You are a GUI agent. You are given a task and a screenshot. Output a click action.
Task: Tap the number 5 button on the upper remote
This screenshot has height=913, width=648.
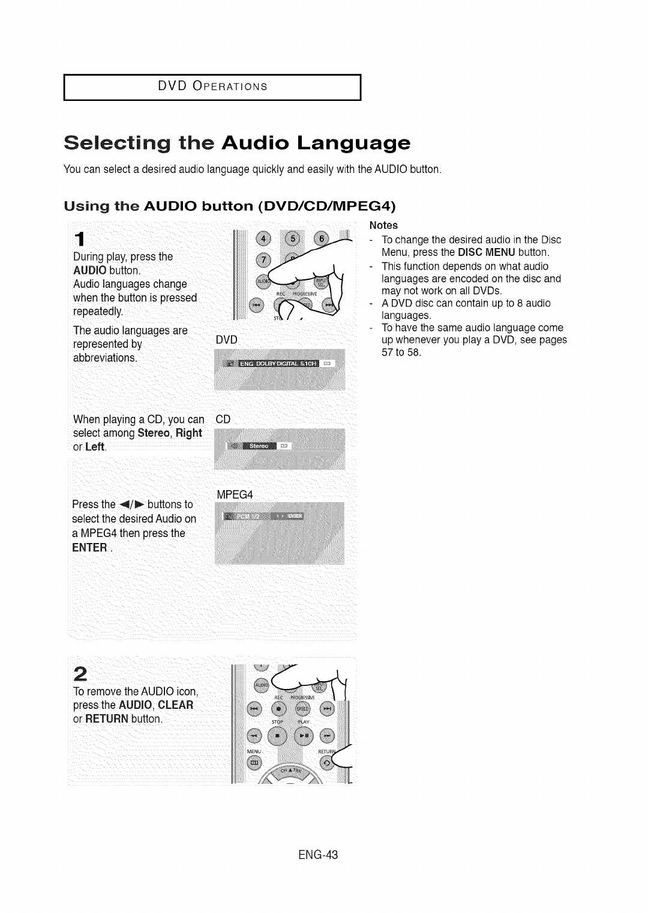[293, 238]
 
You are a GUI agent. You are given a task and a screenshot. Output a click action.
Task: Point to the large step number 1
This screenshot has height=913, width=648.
[79, 238]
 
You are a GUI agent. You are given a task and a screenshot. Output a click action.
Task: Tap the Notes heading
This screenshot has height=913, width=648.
[383, 225]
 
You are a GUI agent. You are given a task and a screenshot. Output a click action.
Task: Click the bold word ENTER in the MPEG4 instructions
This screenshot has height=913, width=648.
[89, 547]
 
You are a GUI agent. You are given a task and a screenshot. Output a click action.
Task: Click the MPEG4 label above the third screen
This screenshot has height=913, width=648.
[235, 494]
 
